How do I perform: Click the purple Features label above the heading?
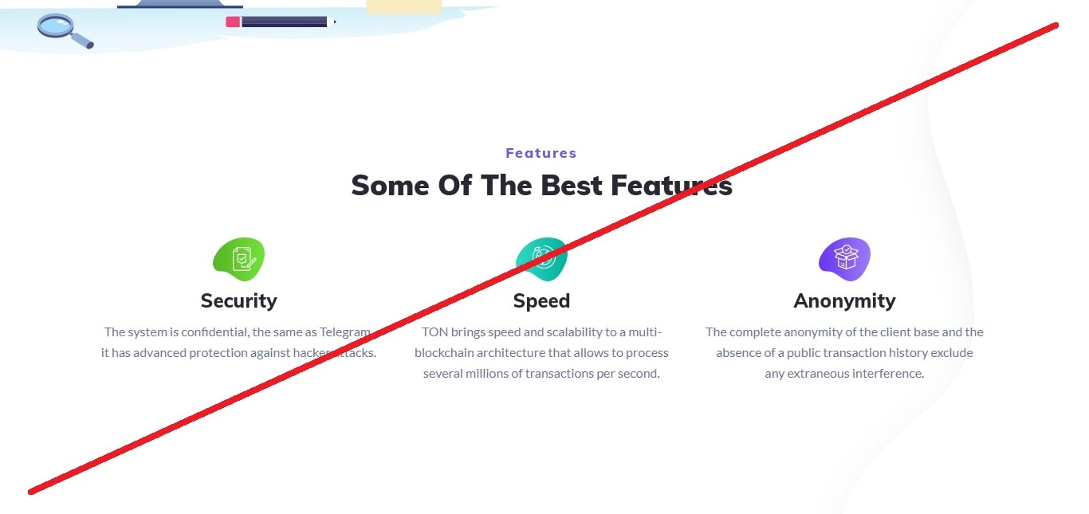(541, 153)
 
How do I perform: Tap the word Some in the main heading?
(390, 186)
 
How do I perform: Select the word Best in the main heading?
(572, 186)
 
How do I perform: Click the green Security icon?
(238, 259)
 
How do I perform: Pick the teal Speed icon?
(541, 259)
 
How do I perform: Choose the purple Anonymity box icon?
(844, 259)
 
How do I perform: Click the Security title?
(238, 300)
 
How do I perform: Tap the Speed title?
(541, 301)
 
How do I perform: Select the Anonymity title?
(844, 301)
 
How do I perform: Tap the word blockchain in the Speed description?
(444, 353)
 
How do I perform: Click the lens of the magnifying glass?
(56, 25)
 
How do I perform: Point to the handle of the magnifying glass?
(82, 41)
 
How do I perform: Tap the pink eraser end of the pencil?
(233, 22)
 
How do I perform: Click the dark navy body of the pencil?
(284, 22)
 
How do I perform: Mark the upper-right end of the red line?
(1056, 26)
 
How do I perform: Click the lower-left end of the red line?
(31, 492)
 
